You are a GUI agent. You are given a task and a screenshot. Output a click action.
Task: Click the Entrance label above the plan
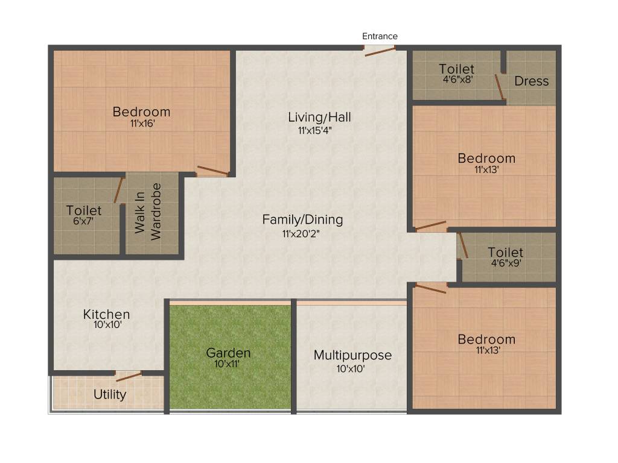point(380,36)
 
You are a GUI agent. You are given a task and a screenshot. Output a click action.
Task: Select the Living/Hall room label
point(319,117)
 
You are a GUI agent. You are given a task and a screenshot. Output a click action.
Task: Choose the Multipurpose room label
point(352,355)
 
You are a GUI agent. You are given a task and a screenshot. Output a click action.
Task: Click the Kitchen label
point(106,314)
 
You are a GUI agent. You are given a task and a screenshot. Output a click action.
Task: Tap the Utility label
point(110,394)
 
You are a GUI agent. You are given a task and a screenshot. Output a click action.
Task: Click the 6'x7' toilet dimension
point(84,221)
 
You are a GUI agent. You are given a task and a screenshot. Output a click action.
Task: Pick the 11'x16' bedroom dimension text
point(142,124)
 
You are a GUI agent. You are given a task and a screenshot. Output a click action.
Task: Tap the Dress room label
point(532,81)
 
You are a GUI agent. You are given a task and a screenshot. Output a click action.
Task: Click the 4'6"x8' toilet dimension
point(456,79)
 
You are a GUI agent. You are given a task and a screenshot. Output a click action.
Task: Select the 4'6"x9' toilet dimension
point(505,263)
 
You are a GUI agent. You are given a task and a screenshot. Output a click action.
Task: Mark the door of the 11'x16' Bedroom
point(213,171)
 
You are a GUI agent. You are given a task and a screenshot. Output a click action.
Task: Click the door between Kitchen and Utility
point(129,377)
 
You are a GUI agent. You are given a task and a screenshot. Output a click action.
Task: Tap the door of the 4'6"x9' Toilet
point(463,246)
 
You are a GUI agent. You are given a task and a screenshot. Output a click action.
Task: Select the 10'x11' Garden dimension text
point(228,364)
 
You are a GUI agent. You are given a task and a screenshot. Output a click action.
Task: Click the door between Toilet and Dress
point(500,86)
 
